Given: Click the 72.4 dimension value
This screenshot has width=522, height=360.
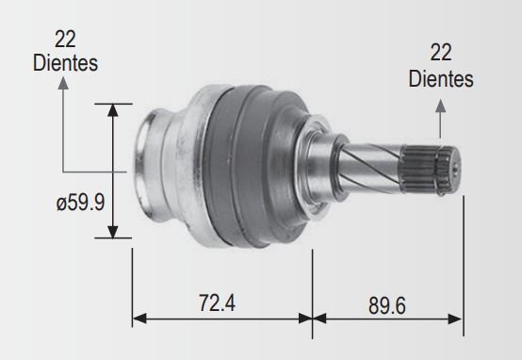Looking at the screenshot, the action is tap(217, 303).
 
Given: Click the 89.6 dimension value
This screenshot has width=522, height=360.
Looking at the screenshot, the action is tap(387, 305).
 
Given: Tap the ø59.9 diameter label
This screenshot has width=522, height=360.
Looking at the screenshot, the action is tap(81, 202).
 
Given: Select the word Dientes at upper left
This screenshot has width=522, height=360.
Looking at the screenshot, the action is tap(65, 62).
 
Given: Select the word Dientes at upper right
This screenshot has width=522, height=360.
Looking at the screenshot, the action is tap(441, 79).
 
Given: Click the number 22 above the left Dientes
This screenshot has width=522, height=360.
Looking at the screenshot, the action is tap(65, 40).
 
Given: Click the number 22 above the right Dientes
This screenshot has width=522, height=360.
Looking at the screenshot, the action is tap(441, 52).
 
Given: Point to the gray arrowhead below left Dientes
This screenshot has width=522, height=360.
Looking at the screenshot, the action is tap(63, 83).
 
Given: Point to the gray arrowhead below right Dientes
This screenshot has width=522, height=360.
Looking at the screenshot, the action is tap(440, 106).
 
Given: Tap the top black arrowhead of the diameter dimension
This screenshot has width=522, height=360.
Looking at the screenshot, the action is tap(113, 110).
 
